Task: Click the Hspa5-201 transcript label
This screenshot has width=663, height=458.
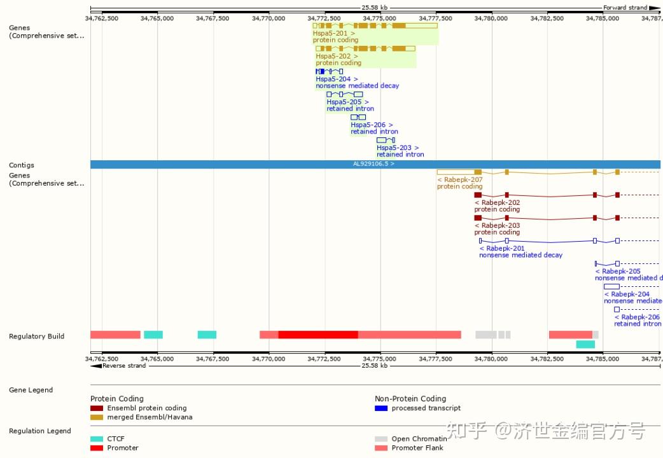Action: point(333,33)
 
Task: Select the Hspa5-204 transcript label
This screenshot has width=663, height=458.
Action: point(337,79)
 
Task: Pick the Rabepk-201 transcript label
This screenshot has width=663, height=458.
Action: point(502,248)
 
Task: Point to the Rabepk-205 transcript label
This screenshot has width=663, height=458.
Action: point(618,271)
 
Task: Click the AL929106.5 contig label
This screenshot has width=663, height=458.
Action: point(373,164)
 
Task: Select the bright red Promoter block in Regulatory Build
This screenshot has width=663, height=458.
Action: point(318,335)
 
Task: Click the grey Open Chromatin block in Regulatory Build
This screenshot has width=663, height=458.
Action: point(485,335)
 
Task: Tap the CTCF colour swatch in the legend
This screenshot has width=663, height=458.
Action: point(96,439)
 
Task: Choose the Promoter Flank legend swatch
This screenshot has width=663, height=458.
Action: point(380,448)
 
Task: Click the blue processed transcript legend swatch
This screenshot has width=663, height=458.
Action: point(380,408)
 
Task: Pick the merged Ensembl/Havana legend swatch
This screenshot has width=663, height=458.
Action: point(96,417)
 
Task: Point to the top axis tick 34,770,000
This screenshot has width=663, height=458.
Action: point(269,18)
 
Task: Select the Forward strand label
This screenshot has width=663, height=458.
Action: point(625,8)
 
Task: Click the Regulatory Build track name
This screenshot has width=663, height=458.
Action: point(36,337)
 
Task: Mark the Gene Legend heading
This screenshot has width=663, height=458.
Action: point(31,390)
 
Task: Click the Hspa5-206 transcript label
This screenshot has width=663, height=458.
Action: point(372,125)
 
